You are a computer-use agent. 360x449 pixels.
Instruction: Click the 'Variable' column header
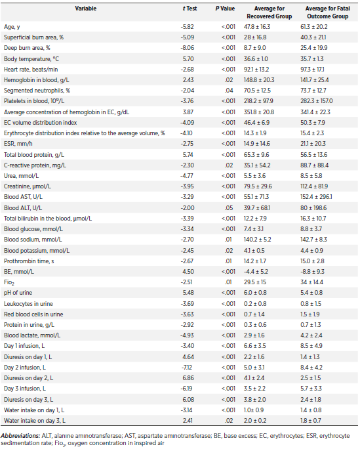85,9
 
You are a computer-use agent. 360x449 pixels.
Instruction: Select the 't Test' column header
190,9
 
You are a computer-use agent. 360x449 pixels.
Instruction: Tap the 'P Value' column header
225,9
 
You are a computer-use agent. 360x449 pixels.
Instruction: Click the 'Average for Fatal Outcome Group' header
327,12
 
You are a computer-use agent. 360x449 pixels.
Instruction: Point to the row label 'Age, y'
12,27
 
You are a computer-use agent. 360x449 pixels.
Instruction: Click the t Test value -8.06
188,48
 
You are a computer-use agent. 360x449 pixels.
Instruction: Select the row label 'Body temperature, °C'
31,58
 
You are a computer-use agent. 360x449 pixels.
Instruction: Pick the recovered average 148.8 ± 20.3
259,80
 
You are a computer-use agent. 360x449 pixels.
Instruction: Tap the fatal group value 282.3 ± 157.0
316,101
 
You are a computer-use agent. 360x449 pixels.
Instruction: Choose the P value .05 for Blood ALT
229,208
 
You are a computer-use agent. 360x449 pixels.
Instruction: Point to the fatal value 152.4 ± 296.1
316,197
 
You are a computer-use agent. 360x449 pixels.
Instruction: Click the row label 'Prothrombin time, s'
29,261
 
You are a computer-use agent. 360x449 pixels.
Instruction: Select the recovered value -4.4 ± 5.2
257,272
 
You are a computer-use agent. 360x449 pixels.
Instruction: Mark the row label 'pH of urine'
18,293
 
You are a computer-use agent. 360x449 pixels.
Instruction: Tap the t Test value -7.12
188,368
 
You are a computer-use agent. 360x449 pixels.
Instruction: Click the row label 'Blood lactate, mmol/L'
32,335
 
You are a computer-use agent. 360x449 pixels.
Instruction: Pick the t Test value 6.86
188,378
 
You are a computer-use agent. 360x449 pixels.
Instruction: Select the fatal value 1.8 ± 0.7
311,421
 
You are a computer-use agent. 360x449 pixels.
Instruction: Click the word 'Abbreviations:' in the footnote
20,436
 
